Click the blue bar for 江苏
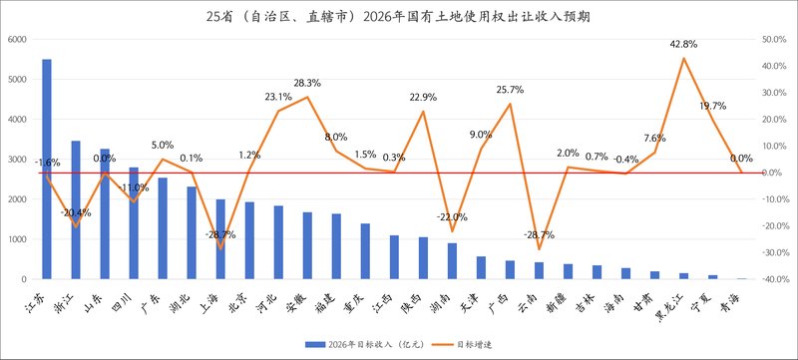46,170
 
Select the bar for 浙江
76,209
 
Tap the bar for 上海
221,239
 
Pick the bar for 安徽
307,245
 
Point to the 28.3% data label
307,84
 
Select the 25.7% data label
510,91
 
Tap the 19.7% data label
712,106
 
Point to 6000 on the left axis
17,40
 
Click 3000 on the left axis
17,160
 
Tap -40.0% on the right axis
772,279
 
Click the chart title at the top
398,17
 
